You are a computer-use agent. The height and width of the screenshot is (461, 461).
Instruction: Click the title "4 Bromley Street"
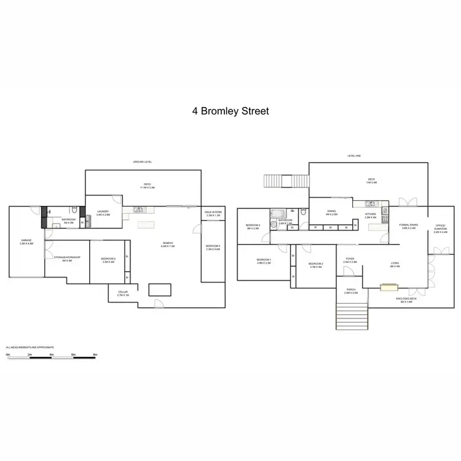click(x=230, y=112)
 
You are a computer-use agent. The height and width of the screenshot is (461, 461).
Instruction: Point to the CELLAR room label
click(x=123, y=294)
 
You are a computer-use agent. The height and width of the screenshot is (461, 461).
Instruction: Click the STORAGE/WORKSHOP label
click(x=63, y=259)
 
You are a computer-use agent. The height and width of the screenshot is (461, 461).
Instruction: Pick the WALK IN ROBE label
click(x=213, y=214)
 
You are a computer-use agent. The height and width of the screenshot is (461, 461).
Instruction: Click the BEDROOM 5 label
click(x=108, y=259)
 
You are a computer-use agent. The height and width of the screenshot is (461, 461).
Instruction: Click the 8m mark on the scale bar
click(x=95, y=355)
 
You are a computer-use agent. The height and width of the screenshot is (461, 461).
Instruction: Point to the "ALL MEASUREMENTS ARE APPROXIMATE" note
click(x=27, y=348)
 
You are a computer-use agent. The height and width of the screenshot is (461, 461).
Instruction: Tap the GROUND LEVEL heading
click(x=143, y=162)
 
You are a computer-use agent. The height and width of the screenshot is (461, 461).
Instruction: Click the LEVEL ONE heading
click(x=355, y=156)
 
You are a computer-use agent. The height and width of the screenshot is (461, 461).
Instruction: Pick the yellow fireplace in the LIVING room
click(x=388, y=286)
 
